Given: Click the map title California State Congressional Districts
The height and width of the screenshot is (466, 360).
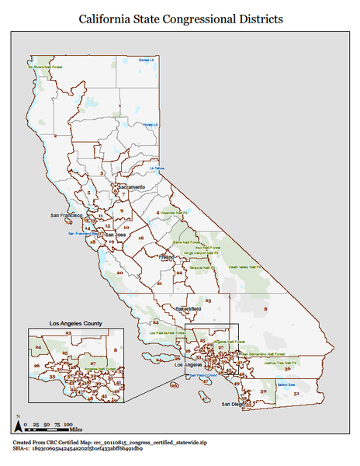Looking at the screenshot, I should click(180, 18).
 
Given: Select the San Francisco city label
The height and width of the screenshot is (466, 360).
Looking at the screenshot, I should click(66, 215).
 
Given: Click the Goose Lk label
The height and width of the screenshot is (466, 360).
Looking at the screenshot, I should click(147, 61).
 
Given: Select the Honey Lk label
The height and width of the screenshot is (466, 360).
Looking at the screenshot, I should click(150, 124).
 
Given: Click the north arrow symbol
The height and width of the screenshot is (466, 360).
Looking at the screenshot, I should click(17, 424).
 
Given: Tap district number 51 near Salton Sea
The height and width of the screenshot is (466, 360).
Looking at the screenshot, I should click(296, 395).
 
